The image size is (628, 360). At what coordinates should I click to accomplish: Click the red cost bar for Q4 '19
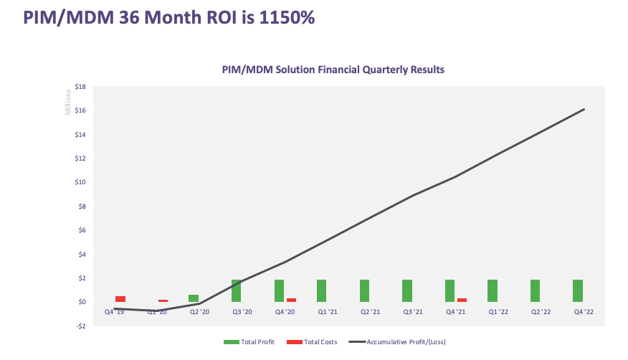coord(120,298)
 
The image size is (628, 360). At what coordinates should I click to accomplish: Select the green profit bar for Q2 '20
coord(194,298)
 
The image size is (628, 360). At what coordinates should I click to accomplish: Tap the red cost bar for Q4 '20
coord(291,300)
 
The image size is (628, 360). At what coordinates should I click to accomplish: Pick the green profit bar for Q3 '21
coord(407,290)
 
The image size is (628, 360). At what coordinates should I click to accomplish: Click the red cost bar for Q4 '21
coord(462,300)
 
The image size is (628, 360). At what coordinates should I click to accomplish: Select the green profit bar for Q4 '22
coord(578,290)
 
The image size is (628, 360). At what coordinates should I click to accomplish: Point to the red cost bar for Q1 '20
coord(163,300)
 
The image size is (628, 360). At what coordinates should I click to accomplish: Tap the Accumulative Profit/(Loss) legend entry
coord(401,341)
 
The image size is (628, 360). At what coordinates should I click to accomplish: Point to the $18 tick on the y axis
coord(80,87)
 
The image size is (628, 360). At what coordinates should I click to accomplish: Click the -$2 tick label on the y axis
coord(80,326)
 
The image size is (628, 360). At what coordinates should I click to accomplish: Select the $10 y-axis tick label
coord(80,182)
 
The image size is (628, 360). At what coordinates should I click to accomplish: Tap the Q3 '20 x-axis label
coord(242,312)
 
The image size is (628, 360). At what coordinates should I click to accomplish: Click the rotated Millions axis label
coord(69,101)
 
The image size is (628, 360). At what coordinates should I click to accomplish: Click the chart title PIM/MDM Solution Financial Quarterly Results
coord(333,70)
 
